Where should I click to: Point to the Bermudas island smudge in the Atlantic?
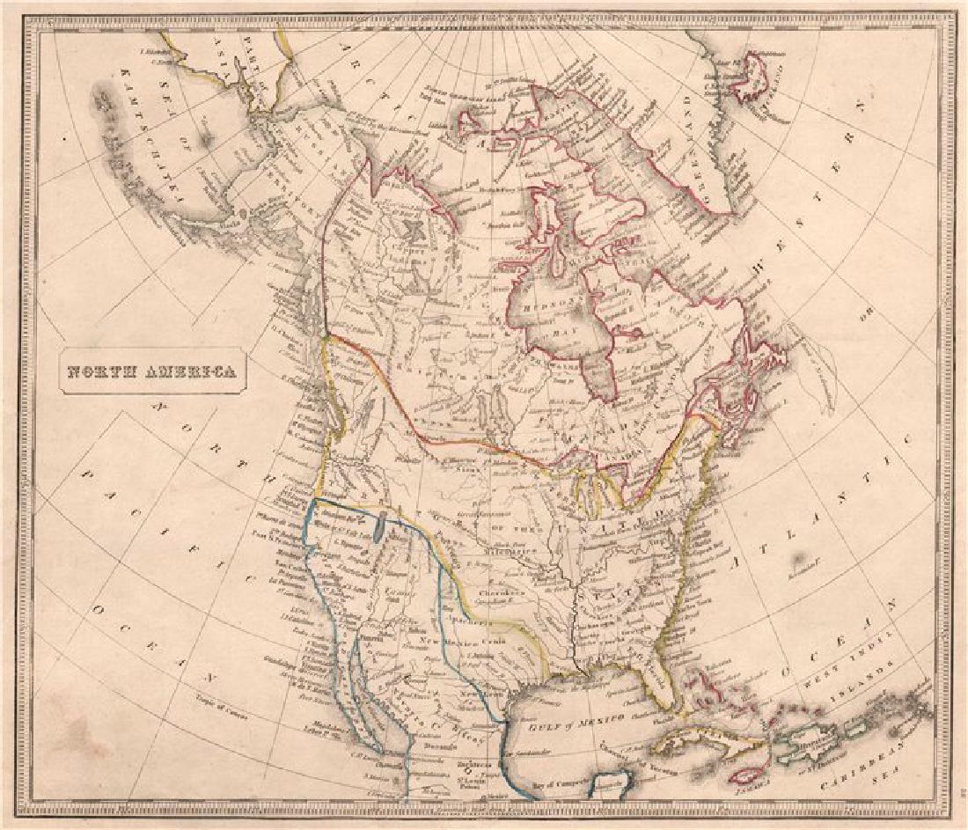pos(800,558)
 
